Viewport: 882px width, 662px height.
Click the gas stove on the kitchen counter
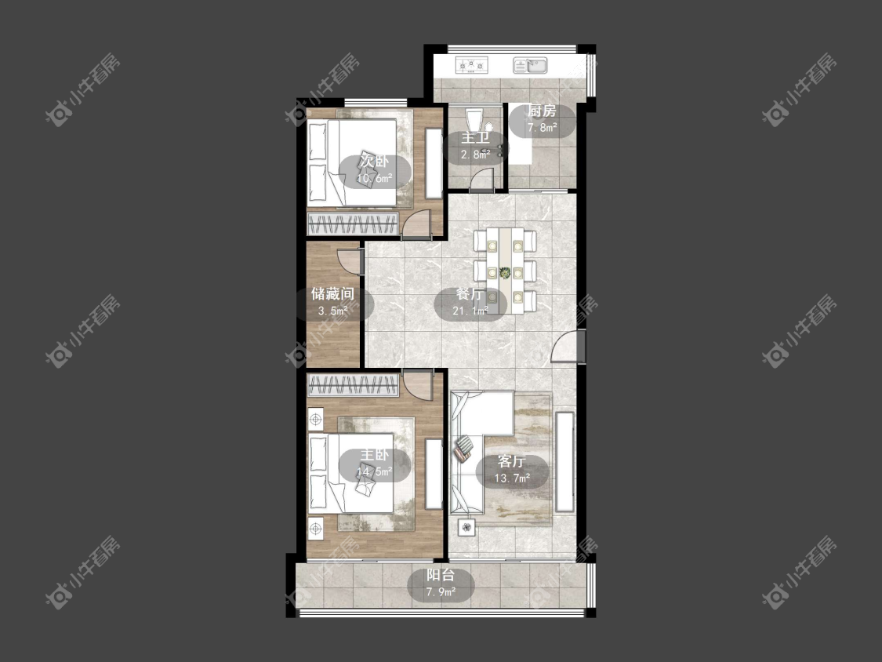(471, 65)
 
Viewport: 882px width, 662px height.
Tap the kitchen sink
(530, 65)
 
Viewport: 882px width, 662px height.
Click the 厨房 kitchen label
(542, 111)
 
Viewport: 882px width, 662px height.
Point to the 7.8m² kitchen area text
(543, 128)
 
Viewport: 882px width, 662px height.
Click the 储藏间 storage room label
(332, 293)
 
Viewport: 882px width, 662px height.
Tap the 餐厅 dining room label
(470, 294)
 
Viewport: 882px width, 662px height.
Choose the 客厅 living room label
(512, 462)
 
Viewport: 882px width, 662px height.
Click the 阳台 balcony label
(441, 575)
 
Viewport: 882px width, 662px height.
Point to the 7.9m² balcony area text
(441, 591)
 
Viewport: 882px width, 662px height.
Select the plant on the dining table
(505, 272)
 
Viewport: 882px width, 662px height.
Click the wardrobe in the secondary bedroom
(354, 224)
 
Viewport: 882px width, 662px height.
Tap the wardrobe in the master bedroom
(354, 386)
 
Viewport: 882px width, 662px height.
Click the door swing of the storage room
(350, 260)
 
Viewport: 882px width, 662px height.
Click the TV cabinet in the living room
(564, 462)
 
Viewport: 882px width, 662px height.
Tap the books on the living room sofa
(464, 449)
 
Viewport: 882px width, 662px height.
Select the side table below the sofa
(466, 527)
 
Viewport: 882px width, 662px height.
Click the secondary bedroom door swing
(418, 223)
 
